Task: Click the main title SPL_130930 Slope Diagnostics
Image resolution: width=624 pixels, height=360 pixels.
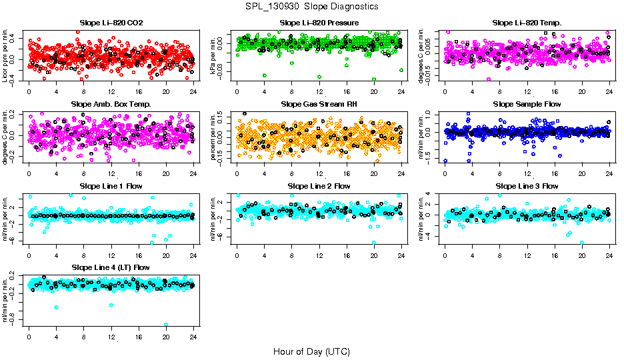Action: (x=312, y=6)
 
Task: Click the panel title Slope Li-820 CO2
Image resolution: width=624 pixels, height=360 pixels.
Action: (x=111, y=23)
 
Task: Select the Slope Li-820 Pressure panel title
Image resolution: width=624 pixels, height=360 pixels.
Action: (x=319, y=23)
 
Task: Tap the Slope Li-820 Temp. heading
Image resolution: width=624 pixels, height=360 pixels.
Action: (x=527, y=23)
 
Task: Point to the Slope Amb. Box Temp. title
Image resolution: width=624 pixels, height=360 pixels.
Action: (x=111, y=105)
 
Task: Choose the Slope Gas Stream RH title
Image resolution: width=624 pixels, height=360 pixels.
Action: (x=319, y=105)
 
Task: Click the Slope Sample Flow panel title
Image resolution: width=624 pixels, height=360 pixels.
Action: (x=527, y=105)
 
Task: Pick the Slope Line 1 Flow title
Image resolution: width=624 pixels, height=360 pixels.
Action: (x=111, y=186)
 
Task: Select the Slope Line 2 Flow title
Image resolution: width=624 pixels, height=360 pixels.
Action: (x=319, y=186)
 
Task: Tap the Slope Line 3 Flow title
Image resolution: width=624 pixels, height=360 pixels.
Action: (x=527, y=186)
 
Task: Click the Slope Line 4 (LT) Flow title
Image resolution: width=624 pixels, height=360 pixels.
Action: (x=111, y=267)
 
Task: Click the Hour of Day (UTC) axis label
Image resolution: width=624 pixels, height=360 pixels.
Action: (x=311, y=351)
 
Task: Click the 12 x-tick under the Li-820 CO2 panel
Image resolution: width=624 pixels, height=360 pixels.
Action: (x=111, y=93)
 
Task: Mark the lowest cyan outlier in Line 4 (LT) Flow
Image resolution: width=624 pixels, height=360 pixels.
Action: (x=166, y=325)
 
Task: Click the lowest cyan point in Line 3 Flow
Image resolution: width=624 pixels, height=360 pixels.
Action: (x=582, y=243)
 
